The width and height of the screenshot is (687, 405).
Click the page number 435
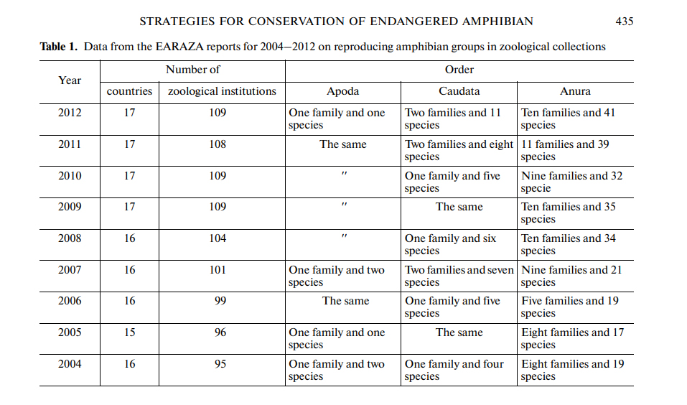coord(625,22)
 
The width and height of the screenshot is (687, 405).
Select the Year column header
coord(70,80)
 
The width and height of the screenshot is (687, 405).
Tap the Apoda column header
coord(342,91)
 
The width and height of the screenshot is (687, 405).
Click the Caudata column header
coord(459,91)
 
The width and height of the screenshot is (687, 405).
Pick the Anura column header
coord(575,91)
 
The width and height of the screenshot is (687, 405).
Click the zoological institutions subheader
coord(222,91)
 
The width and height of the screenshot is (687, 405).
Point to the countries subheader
coord(129,91)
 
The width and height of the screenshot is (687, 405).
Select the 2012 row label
coord(70,113)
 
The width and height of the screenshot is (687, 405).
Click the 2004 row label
coord(70,364)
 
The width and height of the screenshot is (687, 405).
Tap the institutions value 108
coord(218,144)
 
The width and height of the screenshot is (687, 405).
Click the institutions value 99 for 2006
coord(220,301)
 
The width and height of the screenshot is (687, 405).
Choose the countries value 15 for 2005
coord(129,332)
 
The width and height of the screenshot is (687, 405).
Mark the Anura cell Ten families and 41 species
coord(568,118)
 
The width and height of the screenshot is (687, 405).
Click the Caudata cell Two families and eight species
coord(459,150)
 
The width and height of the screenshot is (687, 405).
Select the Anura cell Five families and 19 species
coord(569,307)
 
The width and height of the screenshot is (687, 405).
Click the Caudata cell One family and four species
coord(454,370)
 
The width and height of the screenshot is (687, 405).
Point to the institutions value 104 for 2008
coord(218,238)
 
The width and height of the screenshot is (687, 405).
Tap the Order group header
coord(459,70)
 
